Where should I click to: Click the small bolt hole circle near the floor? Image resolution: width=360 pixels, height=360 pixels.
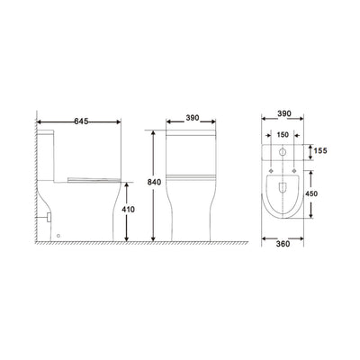59,237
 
